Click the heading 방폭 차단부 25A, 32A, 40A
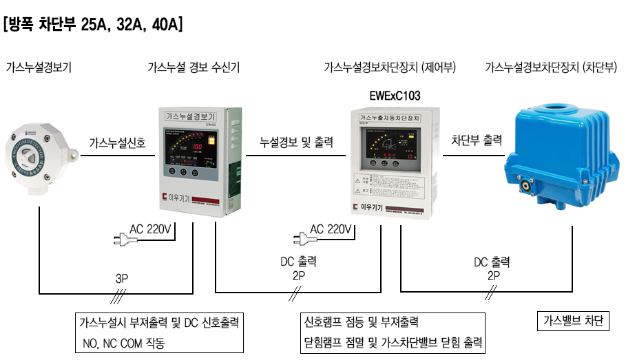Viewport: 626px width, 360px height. click(x=93, y=25)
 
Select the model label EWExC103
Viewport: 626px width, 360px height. click(x=395, y=95)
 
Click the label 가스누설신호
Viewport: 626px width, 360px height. click(x=118, y=143)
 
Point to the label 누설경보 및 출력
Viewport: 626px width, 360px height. click(x=297, y=143)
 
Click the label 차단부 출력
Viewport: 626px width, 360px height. click(x=477, y=140)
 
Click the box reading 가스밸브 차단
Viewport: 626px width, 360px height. click(x=573, y=321)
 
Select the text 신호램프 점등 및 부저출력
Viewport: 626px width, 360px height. click(x=361, y=322)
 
